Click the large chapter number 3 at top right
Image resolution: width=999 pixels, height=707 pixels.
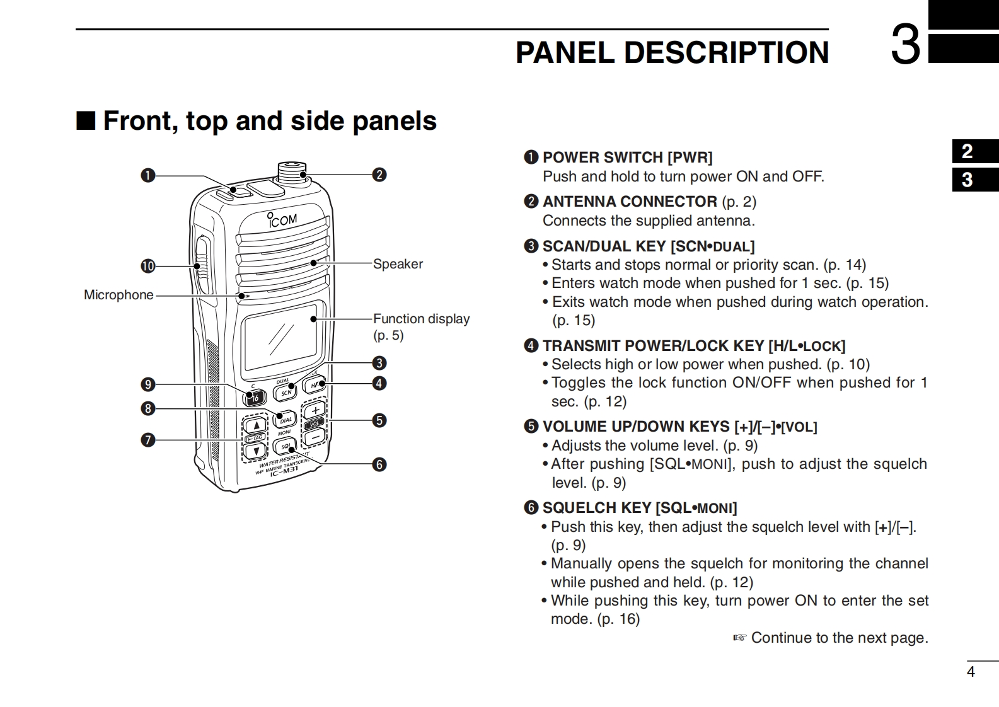coord(906,45)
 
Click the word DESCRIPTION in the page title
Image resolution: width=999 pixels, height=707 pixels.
coord(726,52)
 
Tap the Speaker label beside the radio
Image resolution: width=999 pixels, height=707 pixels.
coord(398,264)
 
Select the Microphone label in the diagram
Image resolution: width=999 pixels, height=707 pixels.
coord(118,295)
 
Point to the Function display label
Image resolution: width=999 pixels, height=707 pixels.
coord(421,319)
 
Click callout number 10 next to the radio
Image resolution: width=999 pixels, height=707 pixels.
coord(147,266)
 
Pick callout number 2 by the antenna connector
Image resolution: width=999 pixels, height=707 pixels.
coord(379,175)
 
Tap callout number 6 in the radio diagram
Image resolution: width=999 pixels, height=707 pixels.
coord(379,464)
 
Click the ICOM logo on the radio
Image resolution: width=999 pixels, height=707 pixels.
coord(282,219)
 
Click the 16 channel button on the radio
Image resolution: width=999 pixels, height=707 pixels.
coord(255,397)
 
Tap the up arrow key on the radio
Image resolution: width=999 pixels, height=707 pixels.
coord(257,425)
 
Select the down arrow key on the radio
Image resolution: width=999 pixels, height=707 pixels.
coord(256,451)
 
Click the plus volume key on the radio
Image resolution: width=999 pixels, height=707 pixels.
coord(315,410)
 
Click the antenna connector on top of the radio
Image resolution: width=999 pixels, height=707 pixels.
coord(291,170)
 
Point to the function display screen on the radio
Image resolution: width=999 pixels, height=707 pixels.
coord(280,337)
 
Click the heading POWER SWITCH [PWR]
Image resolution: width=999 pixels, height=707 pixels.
coord(627,158)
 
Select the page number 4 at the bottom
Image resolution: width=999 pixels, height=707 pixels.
coord(971,672)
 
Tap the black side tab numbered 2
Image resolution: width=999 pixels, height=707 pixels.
coord(967,152)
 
